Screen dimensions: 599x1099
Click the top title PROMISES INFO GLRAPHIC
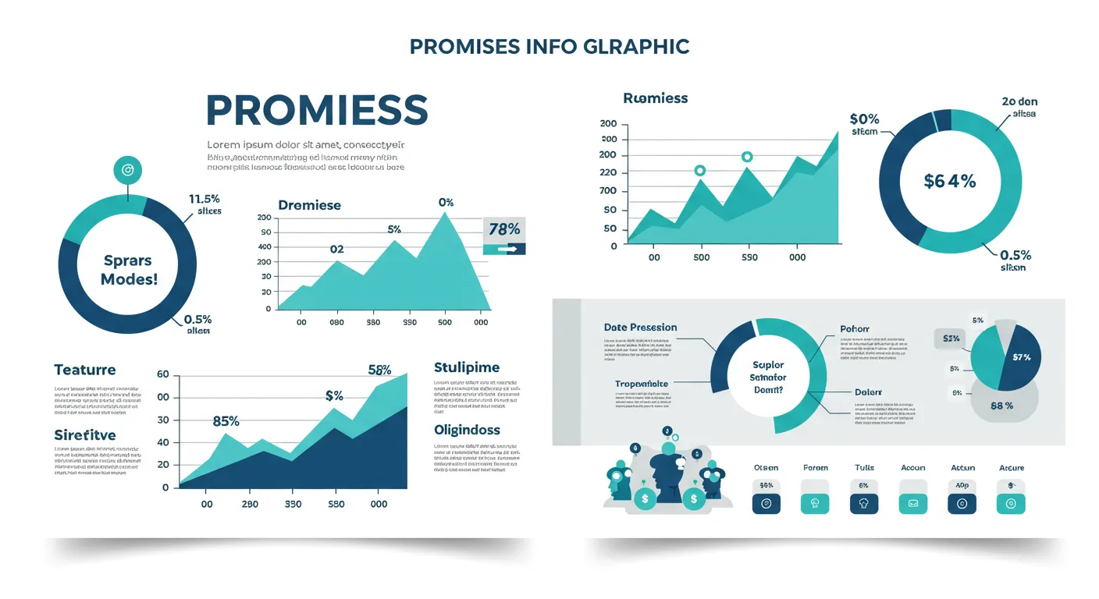549,47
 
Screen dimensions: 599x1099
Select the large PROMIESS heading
317,110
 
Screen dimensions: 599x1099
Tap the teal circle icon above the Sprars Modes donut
128,169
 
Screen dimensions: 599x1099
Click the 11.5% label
205,199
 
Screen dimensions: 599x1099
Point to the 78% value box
503,229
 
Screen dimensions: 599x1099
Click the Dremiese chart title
309,205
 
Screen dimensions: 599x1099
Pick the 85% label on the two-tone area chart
226,421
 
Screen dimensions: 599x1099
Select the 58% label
379,370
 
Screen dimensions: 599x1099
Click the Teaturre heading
85,370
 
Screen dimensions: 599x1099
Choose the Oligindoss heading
467,430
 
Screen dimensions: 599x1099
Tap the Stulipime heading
466,367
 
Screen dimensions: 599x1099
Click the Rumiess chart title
656,98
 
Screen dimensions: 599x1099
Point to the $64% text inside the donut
949,181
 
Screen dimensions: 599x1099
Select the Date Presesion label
640,328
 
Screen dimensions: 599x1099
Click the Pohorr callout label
855,329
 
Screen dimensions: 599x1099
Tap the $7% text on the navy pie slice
1021,357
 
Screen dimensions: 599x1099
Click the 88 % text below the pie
1001,406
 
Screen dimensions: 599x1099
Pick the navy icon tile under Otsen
766,504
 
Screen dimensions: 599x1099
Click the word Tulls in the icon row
864,468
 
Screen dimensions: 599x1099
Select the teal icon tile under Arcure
1011,504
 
